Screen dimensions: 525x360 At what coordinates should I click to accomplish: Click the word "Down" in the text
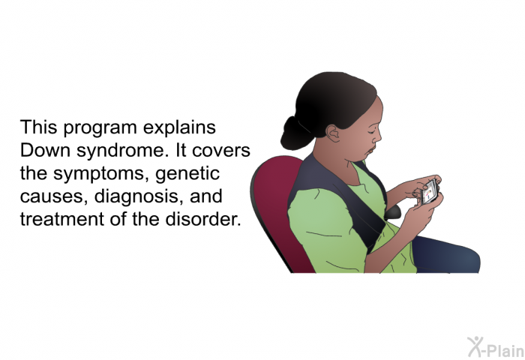(x=45, y=150)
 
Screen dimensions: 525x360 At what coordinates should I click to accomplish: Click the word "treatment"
(x=62, y=219)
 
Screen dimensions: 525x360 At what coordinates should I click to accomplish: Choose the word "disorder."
(x=203, y=219)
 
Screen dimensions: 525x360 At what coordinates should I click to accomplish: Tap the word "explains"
(x=179, y=129)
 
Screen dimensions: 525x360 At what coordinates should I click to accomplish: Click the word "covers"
(x=221, y=151)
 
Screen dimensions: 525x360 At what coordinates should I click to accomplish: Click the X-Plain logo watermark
(x=496, y=347)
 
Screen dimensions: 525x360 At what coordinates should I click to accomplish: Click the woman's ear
(x=333, y=133)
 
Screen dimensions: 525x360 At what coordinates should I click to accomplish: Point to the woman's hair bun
(x=295, y=133)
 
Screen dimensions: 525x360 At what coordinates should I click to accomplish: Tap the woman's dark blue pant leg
(x=445, y=254)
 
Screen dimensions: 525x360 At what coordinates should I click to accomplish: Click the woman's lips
(x=370, y=150)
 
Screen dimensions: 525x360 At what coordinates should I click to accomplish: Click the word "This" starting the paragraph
(x=38, y=127)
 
